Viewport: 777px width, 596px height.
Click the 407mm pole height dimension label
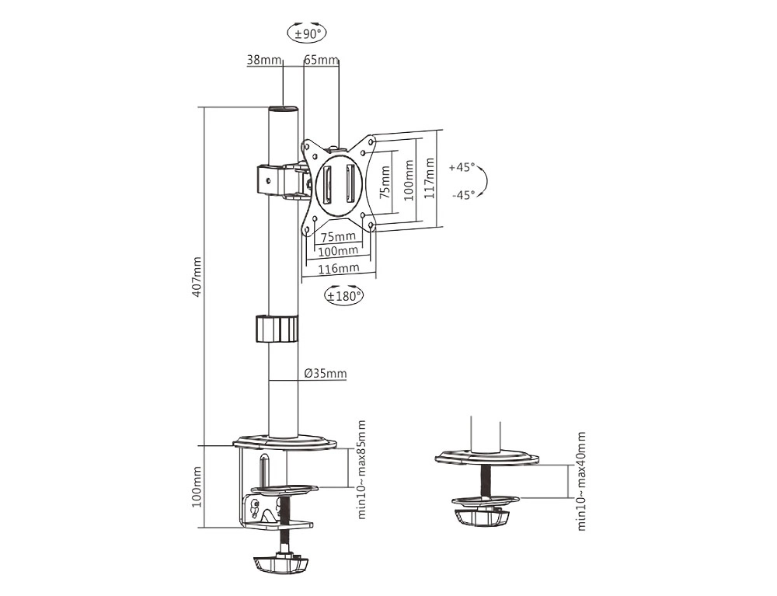pyautogui.click(x=197, y=277)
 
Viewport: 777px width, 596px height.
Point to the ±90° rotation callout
pyautogui.click(x=308, y=33)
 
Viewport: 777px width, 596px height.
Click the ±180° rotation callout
pyautogui.click(x=343, y=295)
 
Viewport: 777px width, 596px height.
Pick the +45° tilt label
pyautogui.click(x=462, y=167)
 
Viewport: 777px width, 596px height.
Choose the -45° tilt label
pyautogui.click(x=463, y=195)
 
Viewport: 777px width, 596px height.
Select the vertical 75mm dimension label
pyautogui.click(x=385, y=182)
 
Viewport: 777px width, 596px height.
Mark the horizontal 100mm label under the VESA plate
pyautogui.click(x=338, y=251)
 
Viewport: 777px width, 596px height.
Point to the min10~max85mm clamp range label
pyautogui.click(x=362, y=469)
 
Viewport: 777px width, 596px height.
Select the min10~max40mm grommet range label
pyautogui.click(x=582, y=481)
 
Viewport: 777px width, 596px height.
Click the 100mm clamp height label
pyautogui.click(x=197, y=486)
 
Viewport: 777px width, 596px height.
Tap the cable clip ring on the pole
pyautogui.click(x=277, y=329)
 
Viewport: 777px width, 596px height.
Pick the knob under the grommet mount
pyautogui.click(x=481, y=518)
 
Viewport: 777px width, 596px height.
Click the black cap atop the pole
pyautogui.click(x=284, y=109)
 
